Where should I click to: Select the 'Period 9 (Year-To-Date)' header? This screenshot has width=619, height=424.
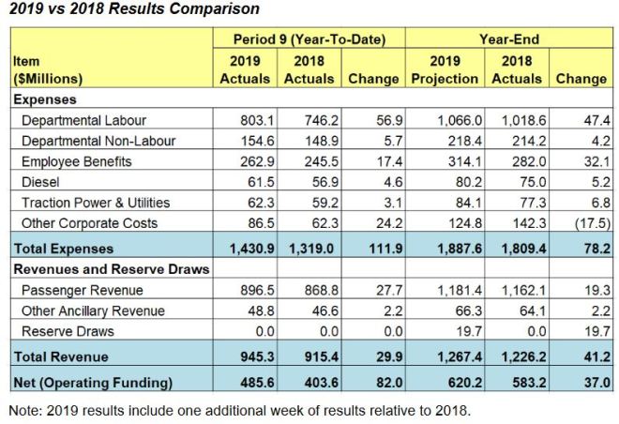pos(310,39)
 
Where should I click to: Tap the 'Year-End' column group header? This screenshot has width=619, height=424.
pos(508,39)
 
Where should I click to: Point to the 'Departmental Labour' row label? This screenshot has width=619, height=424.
pos(83,120)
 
